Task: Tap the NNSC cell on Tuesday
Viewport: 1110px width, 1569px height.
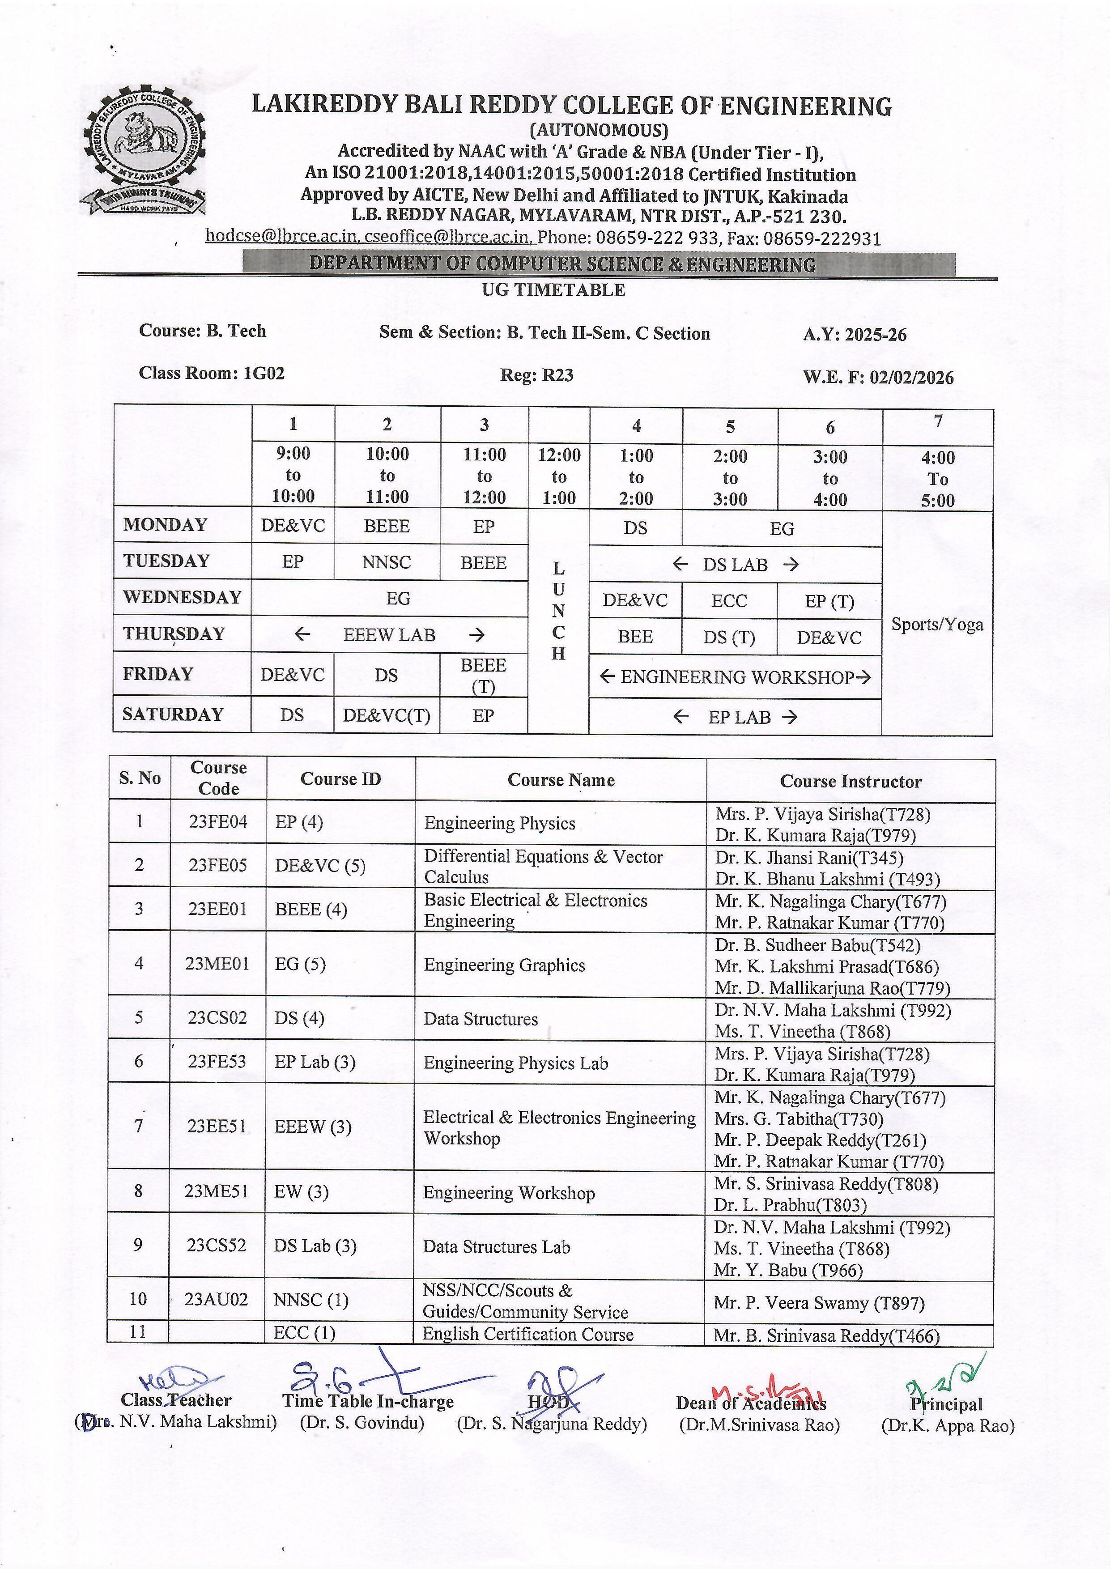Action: [387, 562]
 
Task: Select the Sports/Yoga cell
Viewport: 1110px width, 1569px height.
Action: [937, 624]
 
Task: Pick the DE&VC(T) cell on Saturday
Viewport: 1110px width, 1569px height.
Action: [387, 715]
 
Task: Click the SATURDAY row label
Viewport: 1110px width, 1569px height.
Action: [173, 714]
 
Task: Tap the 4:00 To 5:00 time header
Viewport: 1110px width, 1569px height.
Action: [938, 478]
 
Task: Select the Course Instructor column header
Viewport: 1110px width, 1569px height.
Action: [851, 781]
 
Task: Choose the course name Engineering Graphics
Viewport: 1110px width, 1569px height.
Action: [504, 965]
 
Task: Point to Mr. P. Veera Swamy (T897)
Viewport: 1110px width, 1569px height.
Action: [819, 1303]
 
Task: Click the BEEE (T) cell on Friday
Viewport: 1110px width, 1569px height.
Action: [483, 675]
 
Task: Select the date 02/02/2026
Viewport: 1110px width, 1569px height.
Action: [912, 377]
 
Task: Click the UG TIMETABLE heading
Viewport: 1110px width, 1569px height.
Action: [553, 290]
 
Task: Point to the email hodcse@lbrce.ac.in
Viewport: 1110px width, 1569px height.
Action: [281, 236]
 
